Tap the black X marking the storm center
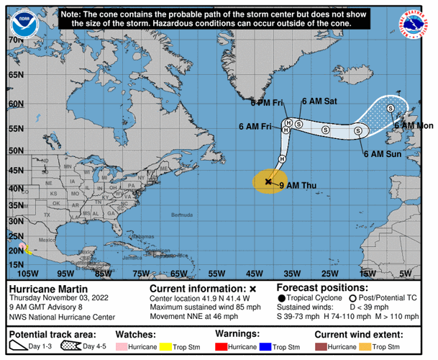(268, 181)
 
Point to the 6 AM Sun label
(383, 153)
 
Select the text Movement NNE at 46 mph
(193, 316)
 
